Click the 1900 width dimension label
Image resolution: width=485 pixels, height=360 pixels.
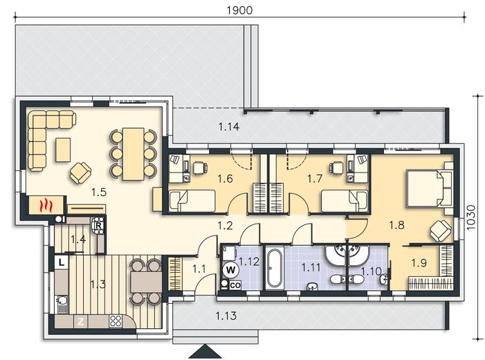click(x=239, y=10)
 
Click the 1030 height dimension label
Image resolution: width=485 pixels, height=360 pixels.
click(x=470, y=217)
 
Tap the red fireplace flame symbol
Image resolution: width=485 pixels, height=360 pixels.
click(x=46, y=205)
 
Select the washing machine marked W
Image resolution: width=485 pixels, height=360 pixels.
click(x=230, y=270)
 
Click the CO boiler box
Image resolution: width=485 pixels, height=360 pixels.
click(x=235, y=285)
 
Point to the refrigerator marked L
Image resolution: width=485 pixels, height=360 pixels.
click(x=62, y=263)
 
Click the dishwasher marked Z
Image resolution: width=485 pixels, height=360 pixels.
click(x=81, y=322)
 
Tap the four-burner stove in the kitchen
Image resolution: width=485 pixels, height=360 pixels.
click(x=116, y=321)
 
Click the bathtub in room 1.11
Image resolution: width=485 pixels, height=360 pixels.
click(x=275, y=268)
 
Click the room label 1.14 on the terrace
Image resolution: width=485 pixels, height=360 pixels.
click(x=229, y=127)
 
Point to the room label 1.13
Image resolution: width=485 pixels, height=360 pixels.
click(x=226, y=316)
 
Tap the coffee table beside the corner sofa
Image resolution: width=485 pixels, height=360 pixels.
click(x=63, y=150)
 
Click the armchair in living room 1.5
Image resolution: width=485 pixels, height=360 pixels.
click(x=80, y=173)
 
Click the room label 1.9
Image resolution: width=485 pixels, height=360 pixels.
click(x=419, y=263)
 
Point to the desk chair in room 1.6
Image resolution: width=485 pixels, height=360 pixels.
click(x=200, y=168)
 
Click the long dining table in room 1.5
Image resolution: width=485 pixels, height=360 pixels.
click(x=134, y=154)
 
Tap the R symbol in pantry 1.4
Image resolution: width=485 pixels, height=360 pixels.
click(x=99, y=226)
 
